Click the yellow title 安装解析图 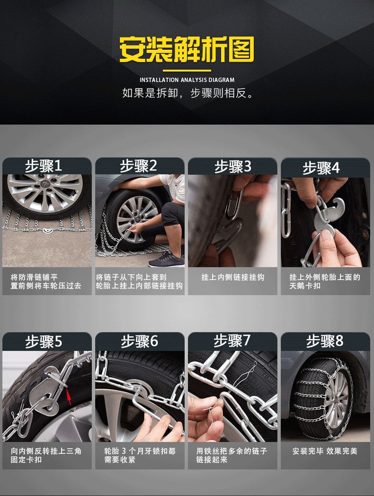187,49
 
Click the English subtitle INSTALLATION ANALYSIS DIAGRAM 187,80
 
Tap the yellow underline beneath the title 187,71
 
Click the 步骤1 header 43,166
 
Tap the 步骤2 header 138,166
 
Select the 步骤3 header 232,167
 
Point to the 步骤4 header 321,168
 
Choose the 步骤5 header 44,342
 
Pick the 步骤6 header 139,341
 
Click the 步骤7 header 232,341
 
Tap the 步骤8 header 325,341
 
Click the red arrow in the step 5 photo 69,397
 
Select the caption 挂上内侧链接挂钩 232,278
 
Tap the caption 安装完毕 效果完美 325,451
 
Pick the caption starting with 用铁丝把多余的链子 232,455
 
